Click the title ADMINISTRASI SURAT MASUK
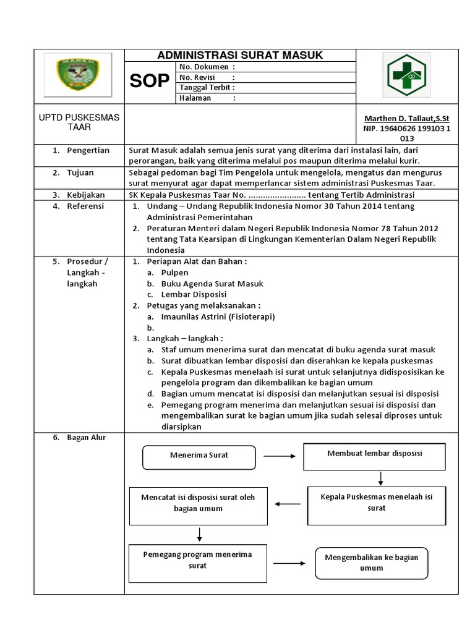click(240, 55)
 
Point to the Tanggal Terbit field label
click(207, 88)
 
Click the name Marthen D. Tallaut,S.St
click(406, 119)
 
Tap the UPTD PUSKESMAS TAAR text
click(79, 122)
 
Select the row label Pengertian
click(88, 150)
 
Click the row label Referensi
click(85, 206)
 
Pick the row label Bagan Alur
click(86, 438)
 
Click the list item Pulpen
click(174, 273)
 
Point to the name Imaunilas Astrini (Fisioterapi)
click(218, 316)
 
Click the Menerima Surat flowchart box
click(199, 456)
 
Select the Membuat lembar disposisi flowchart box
click(374, 454)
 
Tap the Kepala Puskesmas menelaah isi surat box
click(375, 502)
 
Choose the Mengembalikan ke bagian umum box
click(372, 563)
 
